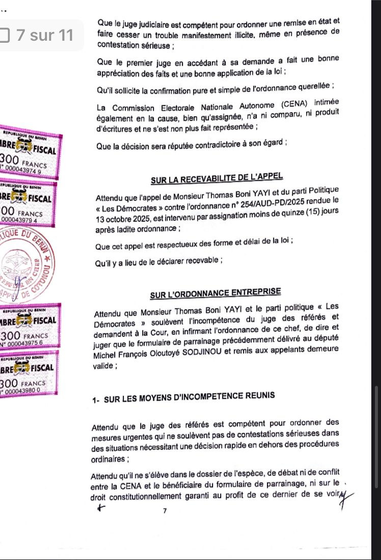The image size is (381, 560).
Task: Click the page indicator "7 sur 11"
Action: [x=45, y=36]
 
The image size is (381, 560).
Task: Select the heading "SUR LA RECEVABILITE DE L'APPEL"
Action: [x=216, y=180]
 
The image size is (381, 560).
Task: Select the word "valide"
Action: [x=103, y=365]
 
